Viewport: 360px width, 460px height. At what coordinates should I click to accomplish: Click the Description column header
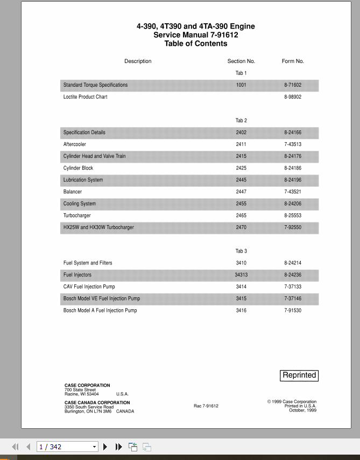pyautogui.click(x=138, y=61)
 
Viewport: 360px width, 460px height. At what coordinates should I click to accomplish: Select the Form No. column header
pyautogui.click(x=293, y=61)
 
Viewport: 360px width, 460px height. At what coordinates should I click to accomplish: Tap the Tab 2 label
pyautogui.click(x=241, y=121)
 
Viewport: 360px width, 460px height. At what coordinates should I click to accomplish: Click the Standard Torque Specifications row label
pyautogui.click(x=95, y=85)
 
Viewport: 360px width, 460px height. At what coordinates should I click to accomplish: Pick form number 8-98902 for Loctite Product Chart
pyautogui.click(x=293, y=97)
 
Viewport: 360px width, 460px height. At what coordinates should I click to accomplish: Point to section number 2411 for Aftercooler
pyautogui.click(x=241, y=144)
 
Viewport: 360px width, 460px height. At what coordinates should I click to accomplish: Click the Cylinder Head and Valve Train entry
pyautogui.click(x=94, y=156)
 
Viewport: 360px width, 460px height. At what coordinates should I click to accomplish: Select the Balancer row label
pyautogui.click(x=73, y=192)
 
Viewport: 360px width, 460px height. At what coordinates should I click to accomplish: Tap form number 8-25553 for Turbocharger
pyautogui.click(x=293, y=215)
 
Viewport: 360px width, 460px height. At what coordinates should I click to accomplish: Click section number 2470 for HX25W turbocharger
pyautogui.click(x=241, y=227)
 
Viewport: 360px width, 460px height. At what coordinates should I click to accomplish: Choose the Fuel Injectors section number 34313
pyautogui.click(x=241, y=275)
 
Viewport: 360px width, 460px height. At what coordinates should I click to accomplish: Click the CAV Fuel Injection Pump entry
pyautogui.click(x=89, y=287)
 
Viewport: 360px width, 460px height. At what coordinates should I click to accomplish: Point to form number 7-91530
pyautogui.click(x=293, y=310)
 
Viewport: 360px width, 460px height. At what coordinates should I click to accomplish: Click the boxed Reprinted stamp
pyautogui.click(x=299, y=375)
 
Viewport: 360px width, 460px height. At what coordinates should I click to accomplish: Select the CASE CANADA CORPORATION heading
pyautogui.click(x=97, y=402)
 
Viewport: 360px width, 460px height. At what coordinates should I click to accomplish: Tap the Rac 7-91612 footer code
pyautogui.click(x=206, y=406)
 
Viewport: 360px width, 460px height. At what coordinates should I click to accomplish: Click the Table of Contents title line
pyautogui.click(x=196, y=44)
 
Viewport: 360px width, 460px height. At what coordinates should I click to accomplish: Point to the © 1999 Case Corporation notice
pyautogui.click(x=292, y=402)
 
